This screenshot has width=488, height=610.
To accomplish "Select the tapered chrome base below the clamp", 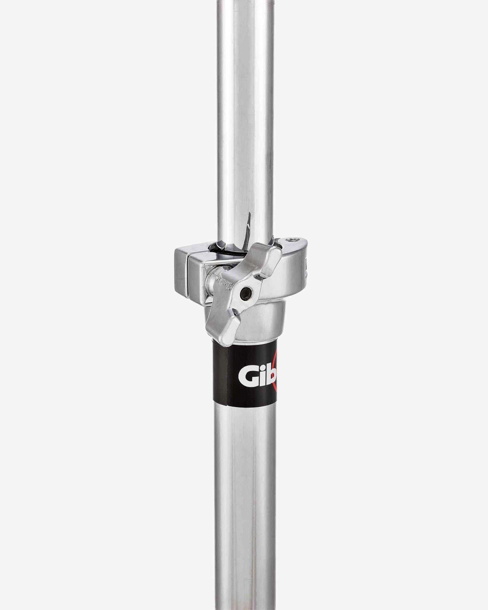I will (x=260, y=325).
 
